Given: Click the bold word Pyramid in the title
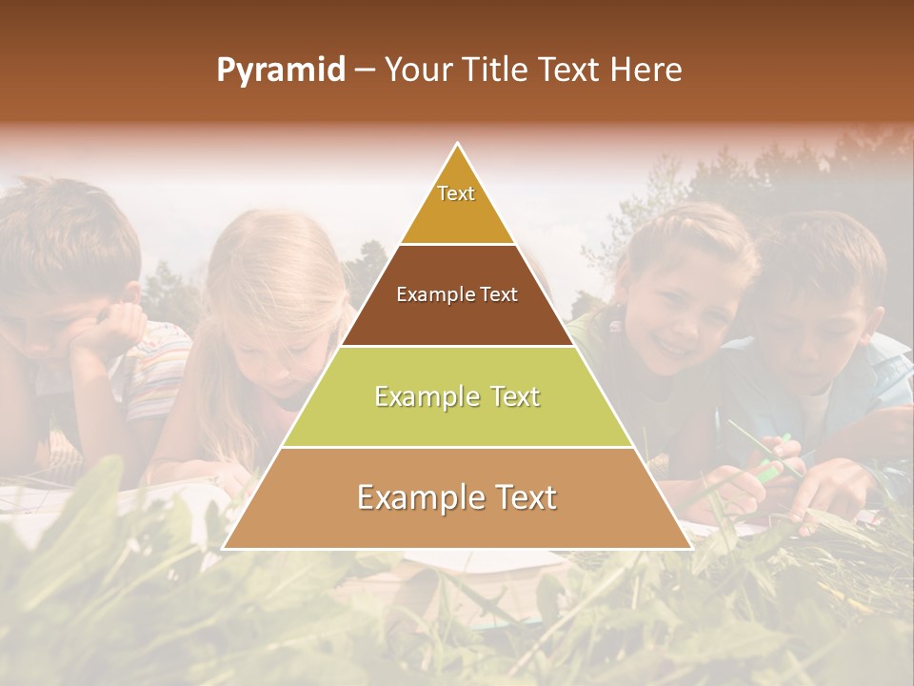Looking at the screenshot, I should pos(280,71).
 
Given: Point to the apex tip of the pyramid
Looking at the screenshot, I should pos(458,145).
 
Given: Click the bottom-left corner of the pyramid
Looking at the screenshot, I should pos(226,547).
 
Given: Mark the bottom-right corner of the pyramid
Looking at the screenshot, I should pos(689,547).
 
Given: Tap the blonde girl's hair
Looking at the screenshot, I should pos(276,276).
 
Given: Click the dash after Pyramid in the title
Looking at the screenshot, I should pos(365,71).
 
